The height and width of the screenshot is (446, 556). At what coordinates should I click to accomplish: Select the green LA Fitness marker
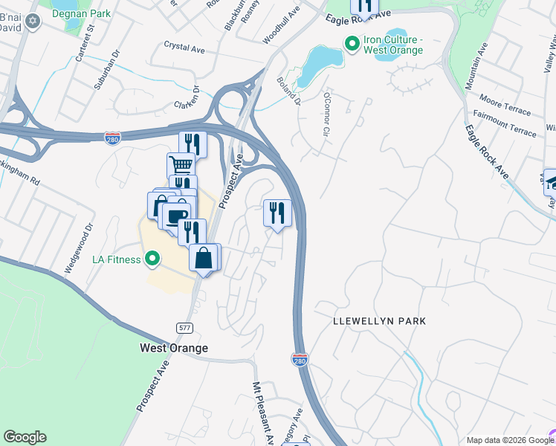point(152,259)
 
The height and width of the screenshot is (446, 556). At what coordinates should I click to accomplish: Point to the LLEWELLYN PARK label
point(380,321)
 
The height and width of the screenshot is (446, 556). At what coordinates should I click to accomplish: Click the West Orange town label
point(174,348)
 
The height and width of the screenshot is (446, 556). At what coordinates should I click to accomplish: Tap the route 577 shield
point(185,328)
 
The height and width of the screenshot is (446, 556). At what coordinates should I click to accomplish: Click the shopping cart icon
point(181,165)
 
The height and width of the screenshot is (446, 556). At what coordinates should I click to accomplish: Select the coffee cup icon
point(175,216)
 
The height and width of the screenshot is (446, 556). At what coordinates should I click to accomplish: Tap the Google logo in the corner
point(25,437)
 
